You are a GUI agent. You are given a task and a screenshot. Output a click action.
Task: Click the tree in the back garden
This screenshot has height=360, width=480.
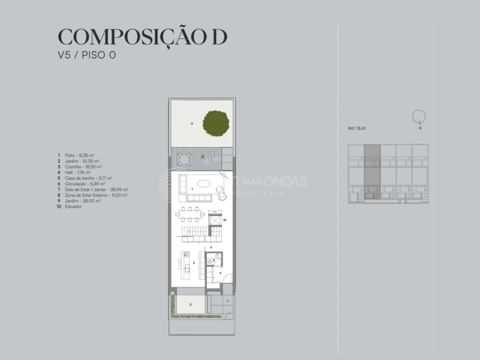point(216,122)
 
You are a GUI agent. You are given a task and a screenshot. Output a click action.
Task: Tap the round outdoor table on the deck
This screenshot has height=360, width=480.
point(184,159)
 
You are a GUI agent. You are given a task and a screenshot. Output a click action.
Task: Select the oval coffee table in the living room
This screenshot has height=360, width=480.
point(203,183)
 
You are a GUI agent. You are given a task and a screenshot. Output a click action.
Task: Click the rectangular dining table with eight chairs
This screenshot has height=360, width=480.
point(190,215)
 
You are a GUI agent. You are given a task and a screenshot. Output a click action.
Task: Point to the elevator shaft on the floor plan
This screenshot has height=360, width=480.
point(214,219)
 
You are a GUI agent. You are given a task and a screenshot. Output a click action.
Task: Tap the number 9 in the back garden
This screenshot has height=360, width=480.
point(191,123)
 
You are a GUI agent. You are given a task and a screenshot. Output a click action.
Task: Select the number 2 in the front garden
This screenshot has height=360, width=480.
point(190,304)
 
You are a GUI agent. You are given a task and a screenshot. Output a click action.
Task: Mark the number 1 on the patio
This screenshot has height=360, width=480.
point(227,301)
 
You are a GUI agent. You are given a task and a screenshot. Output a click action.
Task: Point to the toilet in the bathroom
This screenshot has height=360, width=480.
point(217,255)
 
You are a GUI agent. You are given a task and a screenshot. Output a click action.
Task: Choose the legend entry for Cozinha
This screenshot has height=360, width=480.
point(80,166)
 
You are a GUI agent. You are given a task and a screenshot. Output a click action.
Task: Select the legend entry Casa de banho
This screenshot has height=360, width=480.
point(84,178)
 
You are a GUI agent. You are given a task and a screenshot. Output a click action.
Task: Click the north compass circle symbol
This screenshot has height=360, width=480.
point(419,116)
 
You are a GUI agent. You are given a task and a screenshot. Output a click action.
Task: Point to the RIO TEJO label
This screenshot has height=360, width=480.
point(356,128)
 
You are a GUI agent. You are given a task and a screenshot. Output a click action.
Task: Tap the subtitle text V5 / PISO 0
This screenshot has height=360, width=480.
point(86,55)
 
